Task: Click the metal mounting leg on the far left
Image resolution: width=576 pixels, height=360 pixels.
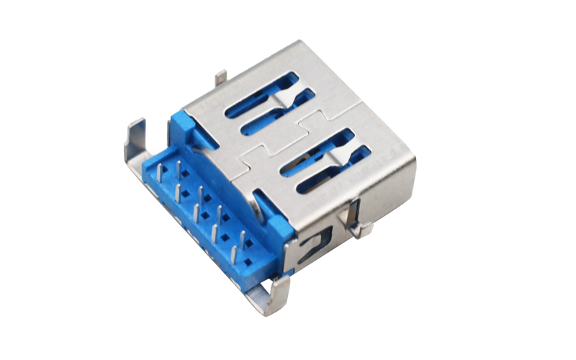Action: click(x=135, y=141)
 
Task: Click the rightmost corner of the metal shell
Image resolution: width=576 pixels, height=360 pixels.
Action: click(x=415, y=158)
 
